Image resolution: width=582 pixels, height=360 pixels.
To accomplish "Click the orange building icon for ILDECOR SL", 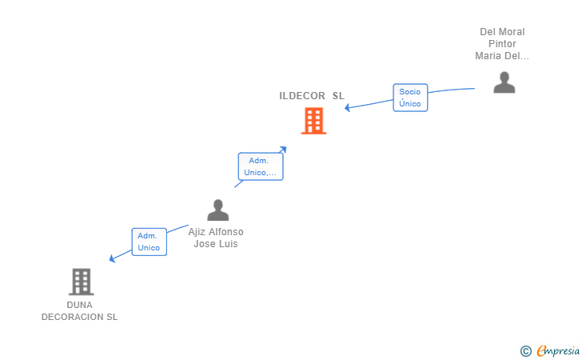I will coord(313,121).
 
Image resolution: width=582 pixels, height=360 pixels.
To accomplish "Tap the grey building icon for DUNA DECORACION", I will coord(81,282).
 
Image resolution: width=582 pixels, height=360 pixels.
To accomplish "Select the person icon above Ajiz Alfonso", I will coord(217,210).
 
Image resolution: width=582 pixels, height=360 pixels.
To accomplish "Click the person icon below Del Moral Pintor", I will coord(504,82).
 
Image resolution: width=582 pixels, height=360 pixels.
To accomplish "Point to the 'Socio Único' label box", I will coord(410,98).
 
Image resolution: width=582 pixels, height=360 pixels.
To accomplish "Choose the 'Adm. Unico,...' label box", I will coord(261,166).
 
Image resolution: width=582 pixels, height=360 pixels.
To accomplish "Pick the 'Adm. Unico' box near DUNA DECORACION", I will coord(149,242).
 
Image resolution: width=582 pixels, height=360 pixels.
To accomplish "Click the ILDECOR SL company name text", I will coord(312,96).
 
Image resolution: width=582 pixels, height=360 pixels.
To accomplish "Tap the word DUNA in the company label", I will coord(80,305).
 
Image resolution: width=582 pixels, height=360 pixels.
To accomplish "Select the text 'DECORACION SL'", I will coord(80,317).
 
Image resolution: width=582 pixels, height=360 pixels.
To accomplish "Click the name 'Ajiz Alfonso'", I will coord(216,232).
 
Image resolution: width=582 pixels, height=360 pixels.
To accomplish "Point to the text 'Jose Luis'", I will coord(216,244).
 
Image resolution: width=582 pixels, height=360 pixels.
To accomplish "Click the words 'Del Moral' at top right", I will coord(502,32).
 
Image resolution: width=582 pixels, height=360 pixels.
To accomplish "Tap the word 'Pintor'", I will coord(502,44).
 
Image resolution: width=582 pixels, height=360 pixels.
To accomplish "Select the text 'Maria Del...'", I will coord(502,56).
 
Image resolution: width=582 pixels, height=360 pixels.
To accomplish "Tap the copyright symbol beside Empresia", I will coord(525,350).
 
